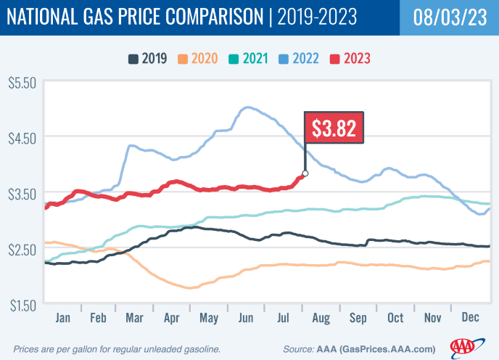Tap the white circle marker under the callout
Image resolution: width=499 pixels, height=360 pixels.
(x=305, y=173)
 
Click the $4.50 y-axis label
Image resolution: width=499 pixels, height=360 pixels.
(x=22, y=137)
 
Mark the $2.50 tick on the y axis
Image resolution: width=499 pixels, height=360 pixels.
(x=22, y=249)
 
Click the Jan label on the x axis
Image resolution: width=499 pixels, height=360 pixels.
(x=63, y=316)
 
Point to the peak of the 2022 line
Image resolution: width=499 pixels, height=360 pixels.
(x=247, y=107)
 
